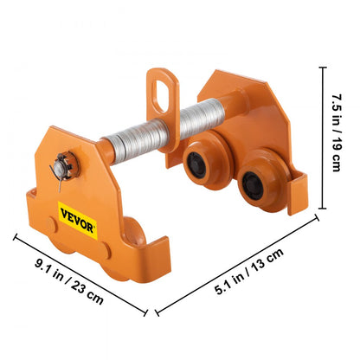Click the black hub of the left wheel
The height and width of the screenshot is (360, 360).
[x=200, y=158]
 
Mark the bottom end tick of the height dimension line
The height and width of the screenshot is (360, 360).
[x=321, y=208]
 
